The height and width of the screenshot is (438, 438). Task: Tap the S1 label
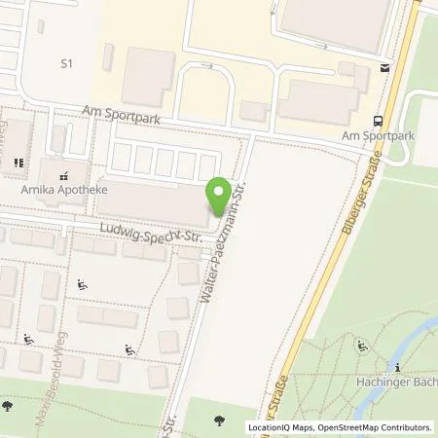(67, 64)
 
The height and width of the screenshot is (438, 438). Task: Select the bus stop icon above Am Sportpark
(378, 122)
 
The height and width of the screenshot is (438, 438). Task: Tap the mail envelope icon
(383, 68)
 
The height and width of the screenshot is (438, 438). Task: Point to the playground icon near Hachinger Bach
(362, 344)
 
